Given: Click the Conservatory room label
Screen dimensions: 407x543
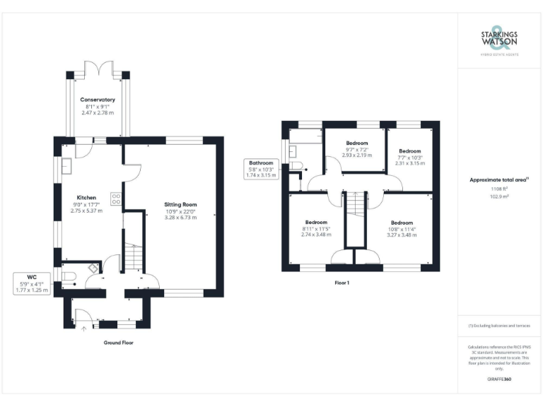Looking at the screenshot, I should pyautogui.click(x=98, y=100).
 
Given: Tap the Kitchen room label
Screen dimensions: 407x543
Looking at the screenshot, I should pyautogui.click(x=86, y=197).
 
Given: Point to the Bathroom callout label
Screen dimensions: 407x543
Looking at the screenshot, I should pyautogui.click(x=260, y=163).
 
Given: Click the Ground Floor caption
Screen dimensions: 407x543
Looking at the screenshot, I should pyautogui.click(x=118, y=342).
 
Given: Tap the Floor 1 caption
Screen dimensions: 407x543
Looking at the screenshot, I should pyautogui.click(x=341, y=282).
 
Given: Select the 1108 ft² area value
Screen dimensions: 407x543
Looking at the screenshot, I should pyautogui.click(x=498, y=189).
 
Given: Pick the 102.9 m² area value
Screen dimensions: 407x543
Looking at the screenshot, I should pyautogui.click(x=498, y=196).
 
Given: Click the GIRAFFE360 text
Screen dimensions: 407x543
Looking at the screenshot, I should pyautogui.click(x=498, y=379).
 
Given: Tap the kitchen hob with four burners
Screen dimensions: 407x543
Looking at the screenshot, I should pyautogui.click(x=115, y=199).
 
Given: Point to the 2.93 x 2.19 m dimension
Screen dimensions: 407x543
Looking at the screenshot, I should pyautogui.click(x=356, y=155).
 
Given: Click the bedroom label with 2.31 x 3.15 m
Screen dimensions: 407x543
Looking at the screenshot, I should pyautogui.click(x=409, y=151).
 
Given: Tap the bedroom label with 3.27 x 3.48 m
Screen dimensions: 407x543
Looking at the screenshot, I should pyautogui.click(x=402, y=222).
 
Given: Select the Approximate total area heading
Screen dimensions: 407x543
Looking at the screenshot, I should pyautogui.click(x=498, y=180).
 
